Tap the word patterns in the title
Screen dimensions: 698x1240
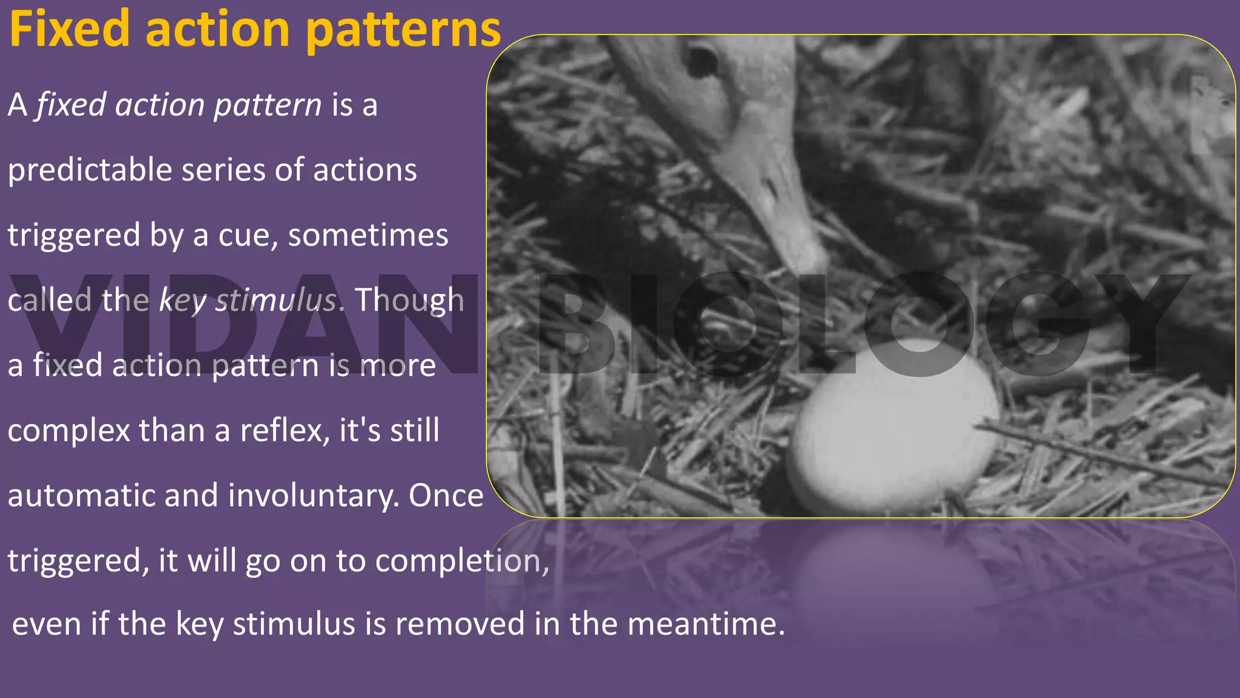[404, 30]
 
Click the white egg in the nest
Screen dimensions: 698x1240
[895, 427]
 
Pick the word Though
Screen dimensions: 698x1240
[409, 300]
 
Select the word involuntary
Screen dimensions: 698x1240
[313, 495]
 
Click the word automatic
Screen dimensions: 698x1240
[82, 495]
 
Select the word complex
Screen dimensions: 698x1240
[68, 432]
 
